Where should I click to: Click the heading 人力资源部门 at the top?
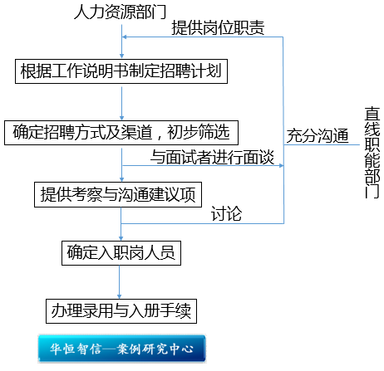tap(120, 12)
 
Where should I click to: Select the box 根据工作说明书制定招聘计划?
tap(121, 71)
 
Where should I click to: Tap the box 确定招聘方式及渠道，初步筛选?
tap(121, 133)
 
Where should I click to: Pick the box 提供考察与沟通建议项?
tap(118, 194)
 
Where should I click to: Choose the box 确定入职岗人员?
tap(121, 253)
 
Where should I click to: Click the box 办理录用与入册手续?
tap(121, 311)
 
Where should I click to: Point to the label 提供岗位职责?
tap(218, 27)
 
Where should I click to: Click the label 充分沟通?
tap(318, 135)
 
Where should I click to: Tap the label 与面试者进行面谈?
tap(212, 157)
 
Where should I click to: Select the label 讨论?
tap(226, 213)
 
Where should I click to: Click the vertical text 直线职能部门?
tap(372, 153)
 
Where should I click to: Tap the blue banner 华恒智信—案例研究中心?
tap(121, 349)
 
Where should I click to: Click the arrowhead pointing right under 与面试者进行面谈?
tap(282, 166)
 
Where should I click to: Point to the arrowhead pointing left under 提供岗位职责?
tap(125, 37)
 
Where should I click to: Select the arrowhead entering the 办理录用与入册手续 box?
tap(120, 296)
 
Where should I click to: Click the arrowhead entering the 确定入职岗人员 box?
tap(121, 238)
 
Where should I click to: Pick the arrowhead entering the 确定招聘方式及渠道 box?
tap(121, 118)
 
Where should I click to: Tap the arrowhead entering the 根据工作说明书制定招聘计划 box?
tap(121, 56)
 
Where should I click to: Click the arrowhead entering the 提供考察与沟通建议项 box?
tap(121, 179)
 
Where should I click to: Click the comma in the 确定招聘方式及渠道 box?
tap(160, 137)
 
